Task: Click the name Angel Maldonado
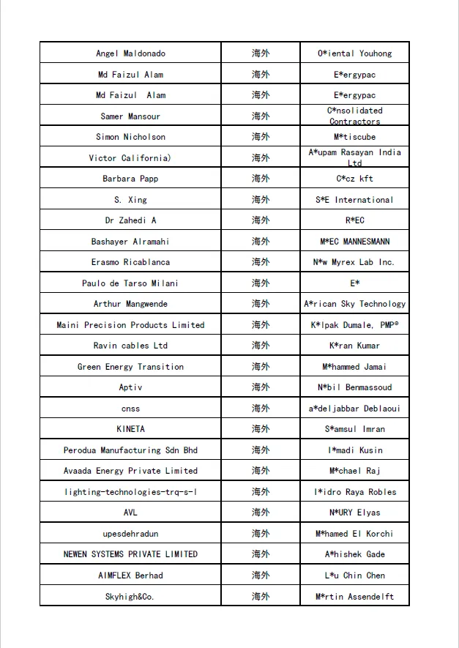coord(130,53)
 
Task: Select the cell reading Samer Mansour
coord(130,116)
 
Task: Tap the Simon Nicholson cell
coord(130,137)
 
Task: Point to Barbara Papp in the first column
coord(130,179)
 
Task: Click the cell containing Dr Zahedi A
coord(130,220)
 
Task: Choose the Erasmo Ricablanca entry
coord(130,262)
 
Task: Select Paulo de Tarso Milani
coord(130,283)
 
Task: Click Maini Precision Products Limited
coord(130,325)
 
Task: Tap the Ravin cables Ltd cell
coord(130,346)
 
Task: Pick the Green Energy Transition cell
coord(130,367)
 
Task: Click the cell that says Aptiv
coord(130,387)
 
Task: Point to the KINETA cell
coord(130,429)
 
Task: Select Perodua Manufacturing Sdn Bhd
coord(130,450)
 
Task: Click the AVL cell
coord(130,513)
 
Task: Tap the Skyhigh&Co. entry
coord(130,597)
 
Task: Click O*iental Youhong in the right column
coord(354,53)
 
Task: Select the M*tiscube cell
coord(354,137)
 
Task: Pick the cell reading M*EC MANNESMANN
coord(354,242)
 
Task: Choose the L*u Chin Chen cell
coord(354,576)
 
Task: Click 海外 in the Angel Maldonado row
coord(261,53)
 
